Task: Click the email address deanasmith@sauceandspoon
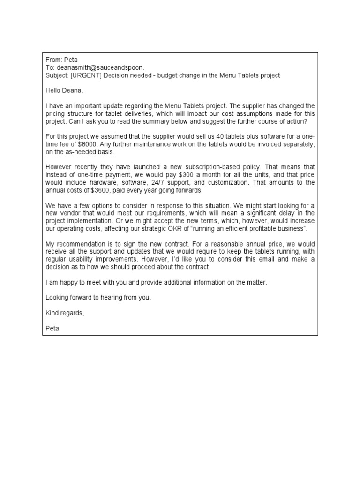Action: tap(100, 67)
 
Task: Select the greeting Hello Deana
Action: tap(64, 90)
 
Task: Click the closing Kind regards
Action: tap(65, 313)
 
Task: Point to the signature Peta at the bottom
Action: tap(52, 328)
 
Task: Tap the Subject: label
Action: tap(57, 75)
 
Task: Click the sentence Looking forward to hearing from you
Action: tap(98, 298)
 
